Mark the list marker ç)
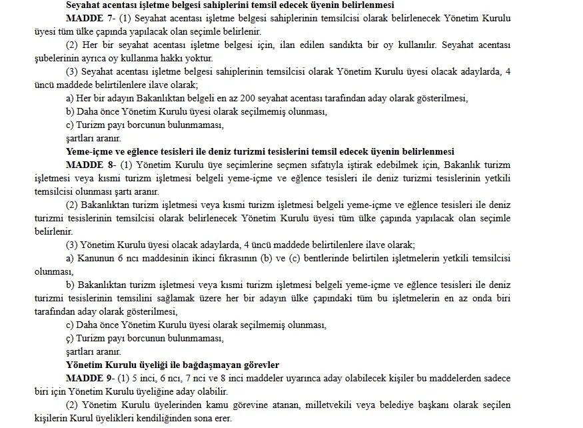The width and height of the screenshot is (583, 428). pos(70,339)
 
